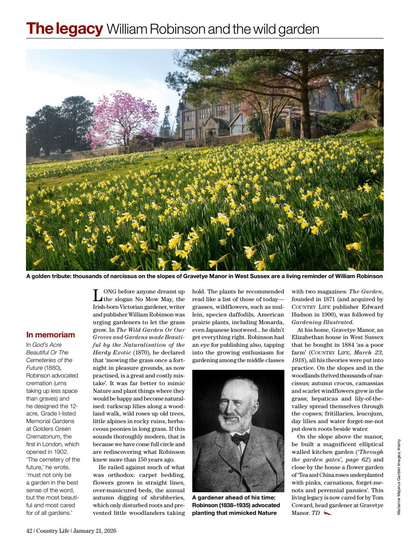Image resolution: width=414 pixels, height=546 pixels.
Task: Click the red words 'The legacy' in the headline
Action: point(64,29)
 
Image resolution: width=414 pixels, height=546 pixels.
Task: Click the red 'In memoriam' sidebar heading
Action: point(50,335)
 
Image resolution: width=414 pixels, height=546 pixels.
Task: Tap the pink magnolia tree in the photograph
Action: point(114,120)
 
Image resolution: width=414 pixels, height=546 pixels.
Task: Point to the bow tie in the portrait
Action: point(240,437)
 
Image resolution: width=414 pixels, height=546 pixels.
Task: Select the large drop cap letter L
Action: point(97,295)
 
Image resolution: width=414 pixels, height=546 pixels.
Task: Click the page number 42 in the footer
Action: point(29,531)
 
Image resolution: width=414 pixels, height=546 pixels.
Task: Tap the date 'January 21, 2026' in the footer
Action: point(95,531)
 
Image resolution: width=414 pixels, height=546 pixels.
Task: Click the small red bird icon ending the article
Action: point(327,513)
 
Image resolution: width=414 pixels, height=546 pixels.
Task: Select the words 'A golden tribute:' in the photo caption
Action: point(48,276)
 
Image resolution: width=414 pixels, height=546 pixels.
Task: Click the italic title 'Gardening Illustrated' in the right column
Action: point(322,322)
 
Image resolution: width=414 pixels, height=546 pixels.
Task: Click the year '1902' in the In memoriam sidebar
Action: point(60,452)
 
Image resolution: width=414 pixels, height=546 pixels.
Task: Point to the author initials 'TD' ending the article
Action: point(315,513)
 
